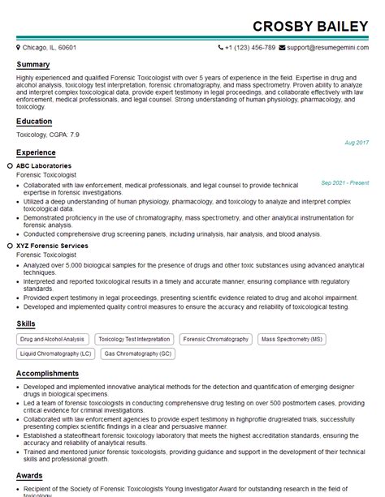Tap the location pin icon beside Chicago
pos(20,48)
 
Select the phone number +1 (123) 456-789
pos(250,48)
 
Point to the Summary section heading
pos(33,65)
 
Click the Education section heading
pos(35,122)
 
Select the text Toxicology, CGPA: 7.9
pos(48,135)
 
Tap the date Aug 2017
pos(357,143)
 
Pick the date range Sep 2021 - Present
pos(344,183)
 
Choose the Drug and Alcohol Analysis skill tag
pos(52,340)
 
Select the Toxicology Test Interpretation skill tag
pos(134,340)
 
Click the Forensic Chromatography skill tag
pos(217,340)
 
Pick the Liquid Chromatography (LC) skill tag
pos(55,354)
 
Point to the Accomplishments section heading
pos(50,374)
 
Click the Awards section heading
pos(30,477)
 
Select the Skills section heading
pos(26,324)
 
